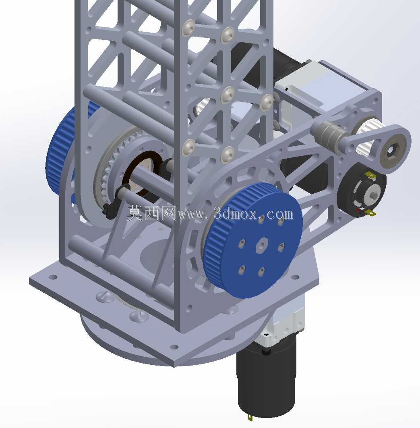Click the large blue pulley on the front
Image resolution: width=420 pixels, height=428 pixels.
coord(252,240)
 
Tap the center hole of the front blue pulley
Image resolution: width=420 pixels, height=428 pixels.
coord(262,245)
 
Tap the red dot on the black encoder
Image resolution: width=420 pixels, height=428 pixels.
coord(358,210)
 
